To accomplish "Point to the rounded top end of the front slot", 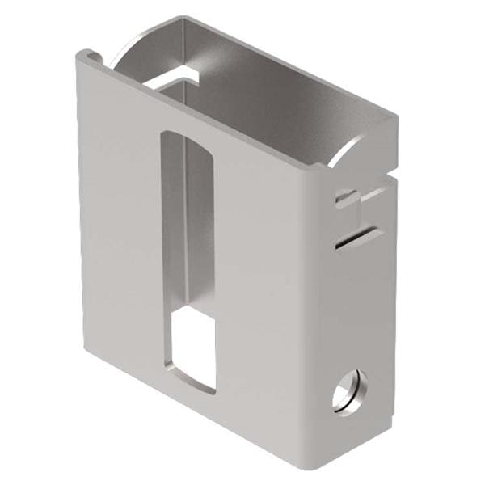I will pyautogui.click(x=186, y=135).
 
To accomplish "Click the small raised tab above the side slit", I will pyautogui.click(x=346, y=196).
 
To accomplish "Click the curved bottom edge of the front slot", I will pyautogui.click(x=194, y=387).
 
